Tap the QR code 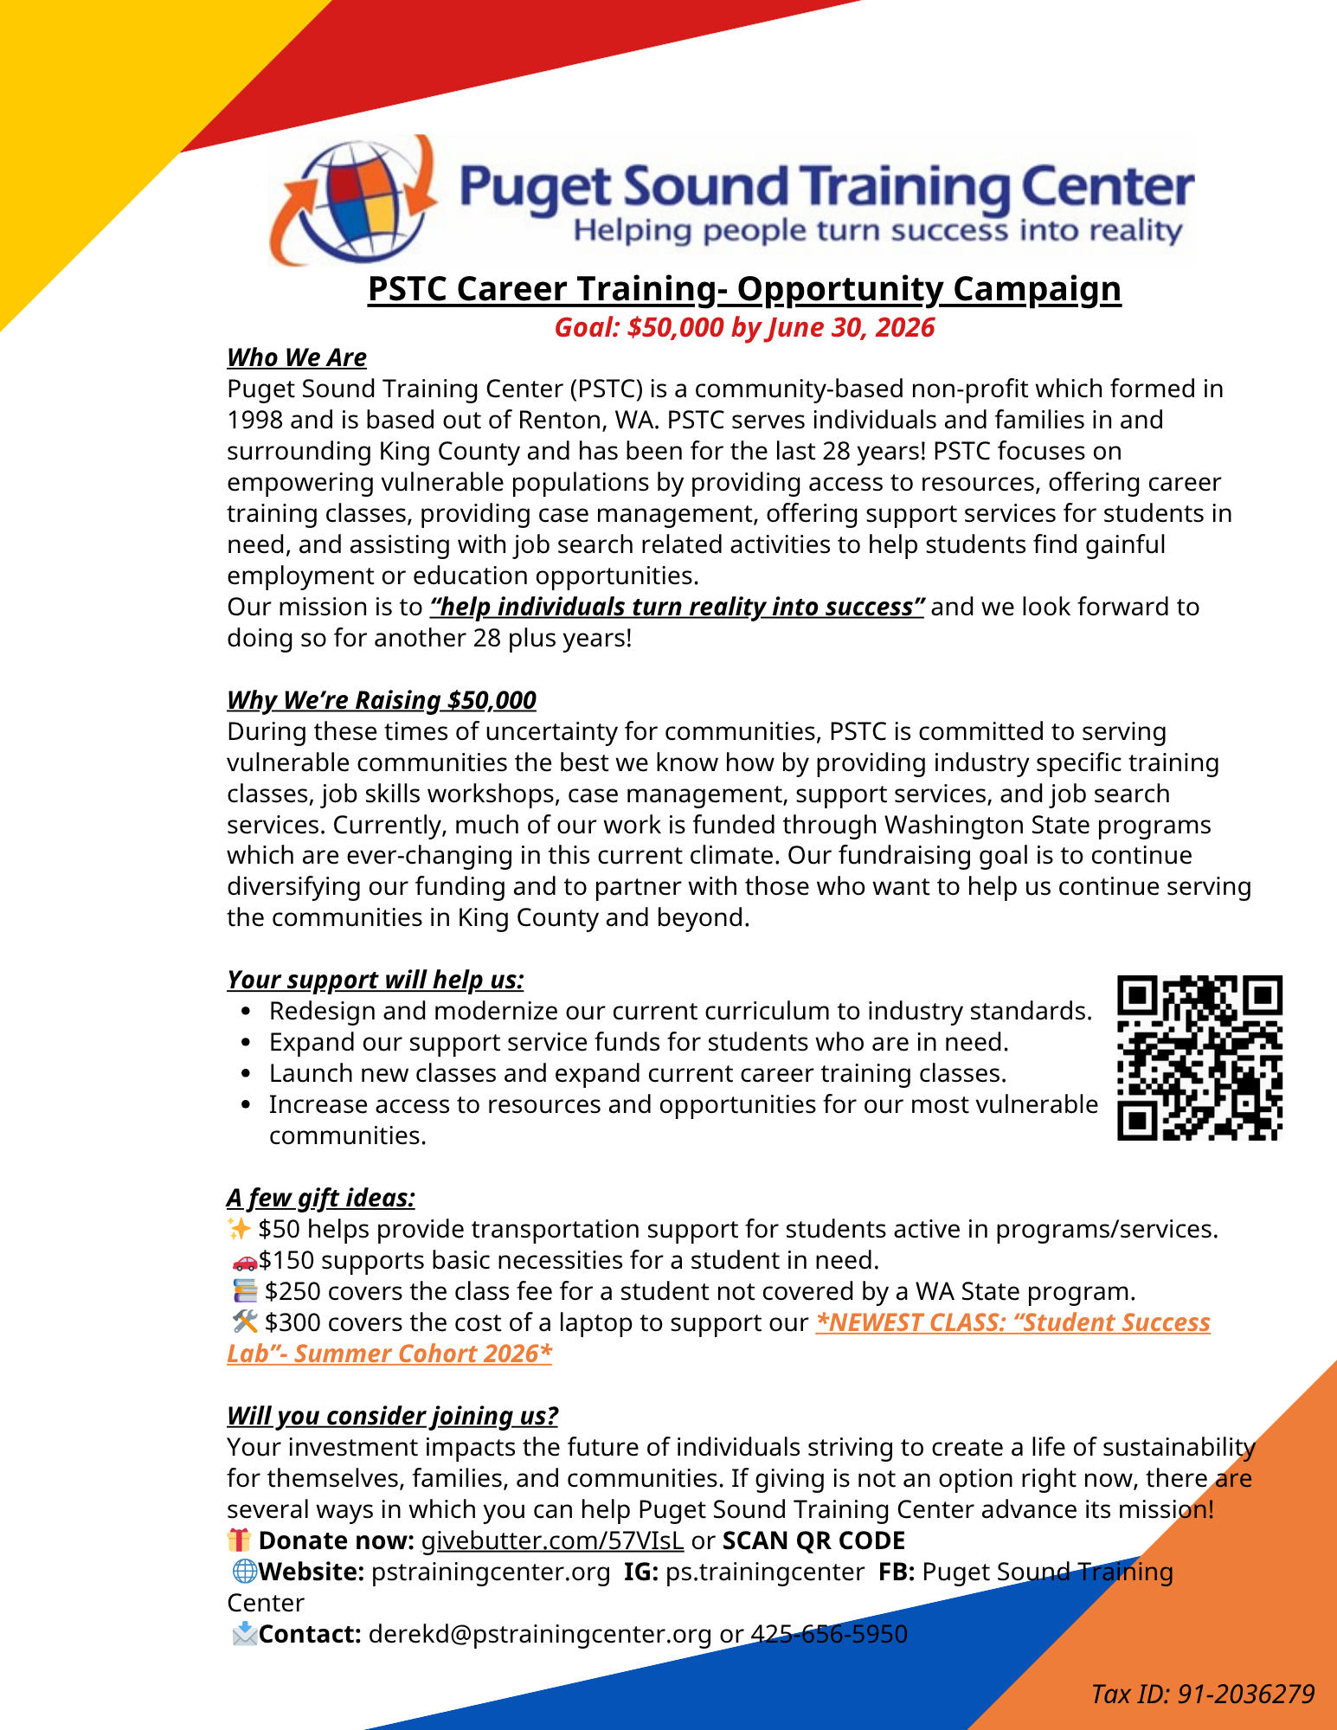(x=1199, y=1058)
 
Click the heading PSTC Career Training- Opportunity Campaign (x=744, y=289)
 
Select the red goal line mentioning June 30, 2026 (x=744, y=328)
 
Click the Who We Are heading (x=297, y=357)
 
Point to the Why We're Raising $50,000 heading (x=382, y=700)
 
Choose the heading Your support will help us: (x=376, y=980)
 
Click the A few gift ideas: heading (x=321, y=1198)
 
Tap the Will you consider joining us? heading (x=392, y=1416)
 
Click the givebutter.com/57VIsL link (x=552, y=1540)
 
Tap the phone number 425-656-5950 (x=829, y=1634)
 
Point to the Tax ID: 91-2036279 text (x=1203, y=1694)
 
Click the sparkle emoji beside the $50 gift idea (x=239, y=1229)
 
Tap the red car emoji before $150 (x=245, y=1261)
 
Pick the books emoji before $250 (x=246, y=1291)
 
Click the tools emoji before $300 (x=246, y=1322)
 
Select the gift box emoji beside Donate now (x=239, y=1540)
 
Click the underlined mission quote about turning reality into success (x=678, y=607)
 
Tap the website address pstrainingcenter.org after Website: (x=491, y=1572)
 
